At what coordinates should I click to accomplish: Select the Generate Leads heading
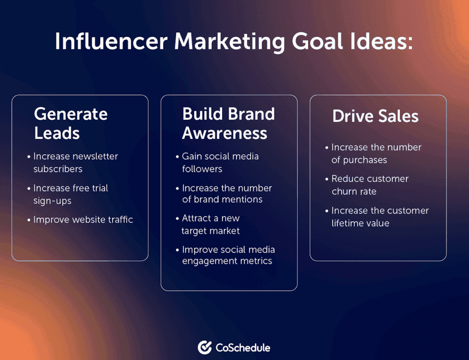tap(70, 123)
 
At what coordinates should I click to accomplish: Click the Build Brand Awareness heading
tap(228, 123)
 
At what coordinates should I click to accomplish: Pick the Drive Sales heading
tap(375, 116)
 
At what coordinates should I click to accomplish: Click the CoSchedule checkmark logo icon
tap(204, 348)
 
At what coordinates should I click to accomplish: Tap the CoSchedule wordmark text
tap(242, 348)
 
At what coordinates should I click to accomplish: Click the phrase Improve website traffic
tap(83, 219)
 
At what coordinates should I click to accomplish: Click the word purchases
tap(359, 160)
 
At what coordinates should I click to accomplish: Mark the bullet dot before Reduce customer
tap(326, 179)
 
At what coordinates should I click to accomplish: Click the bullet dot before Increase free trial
tap(28, 188)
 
